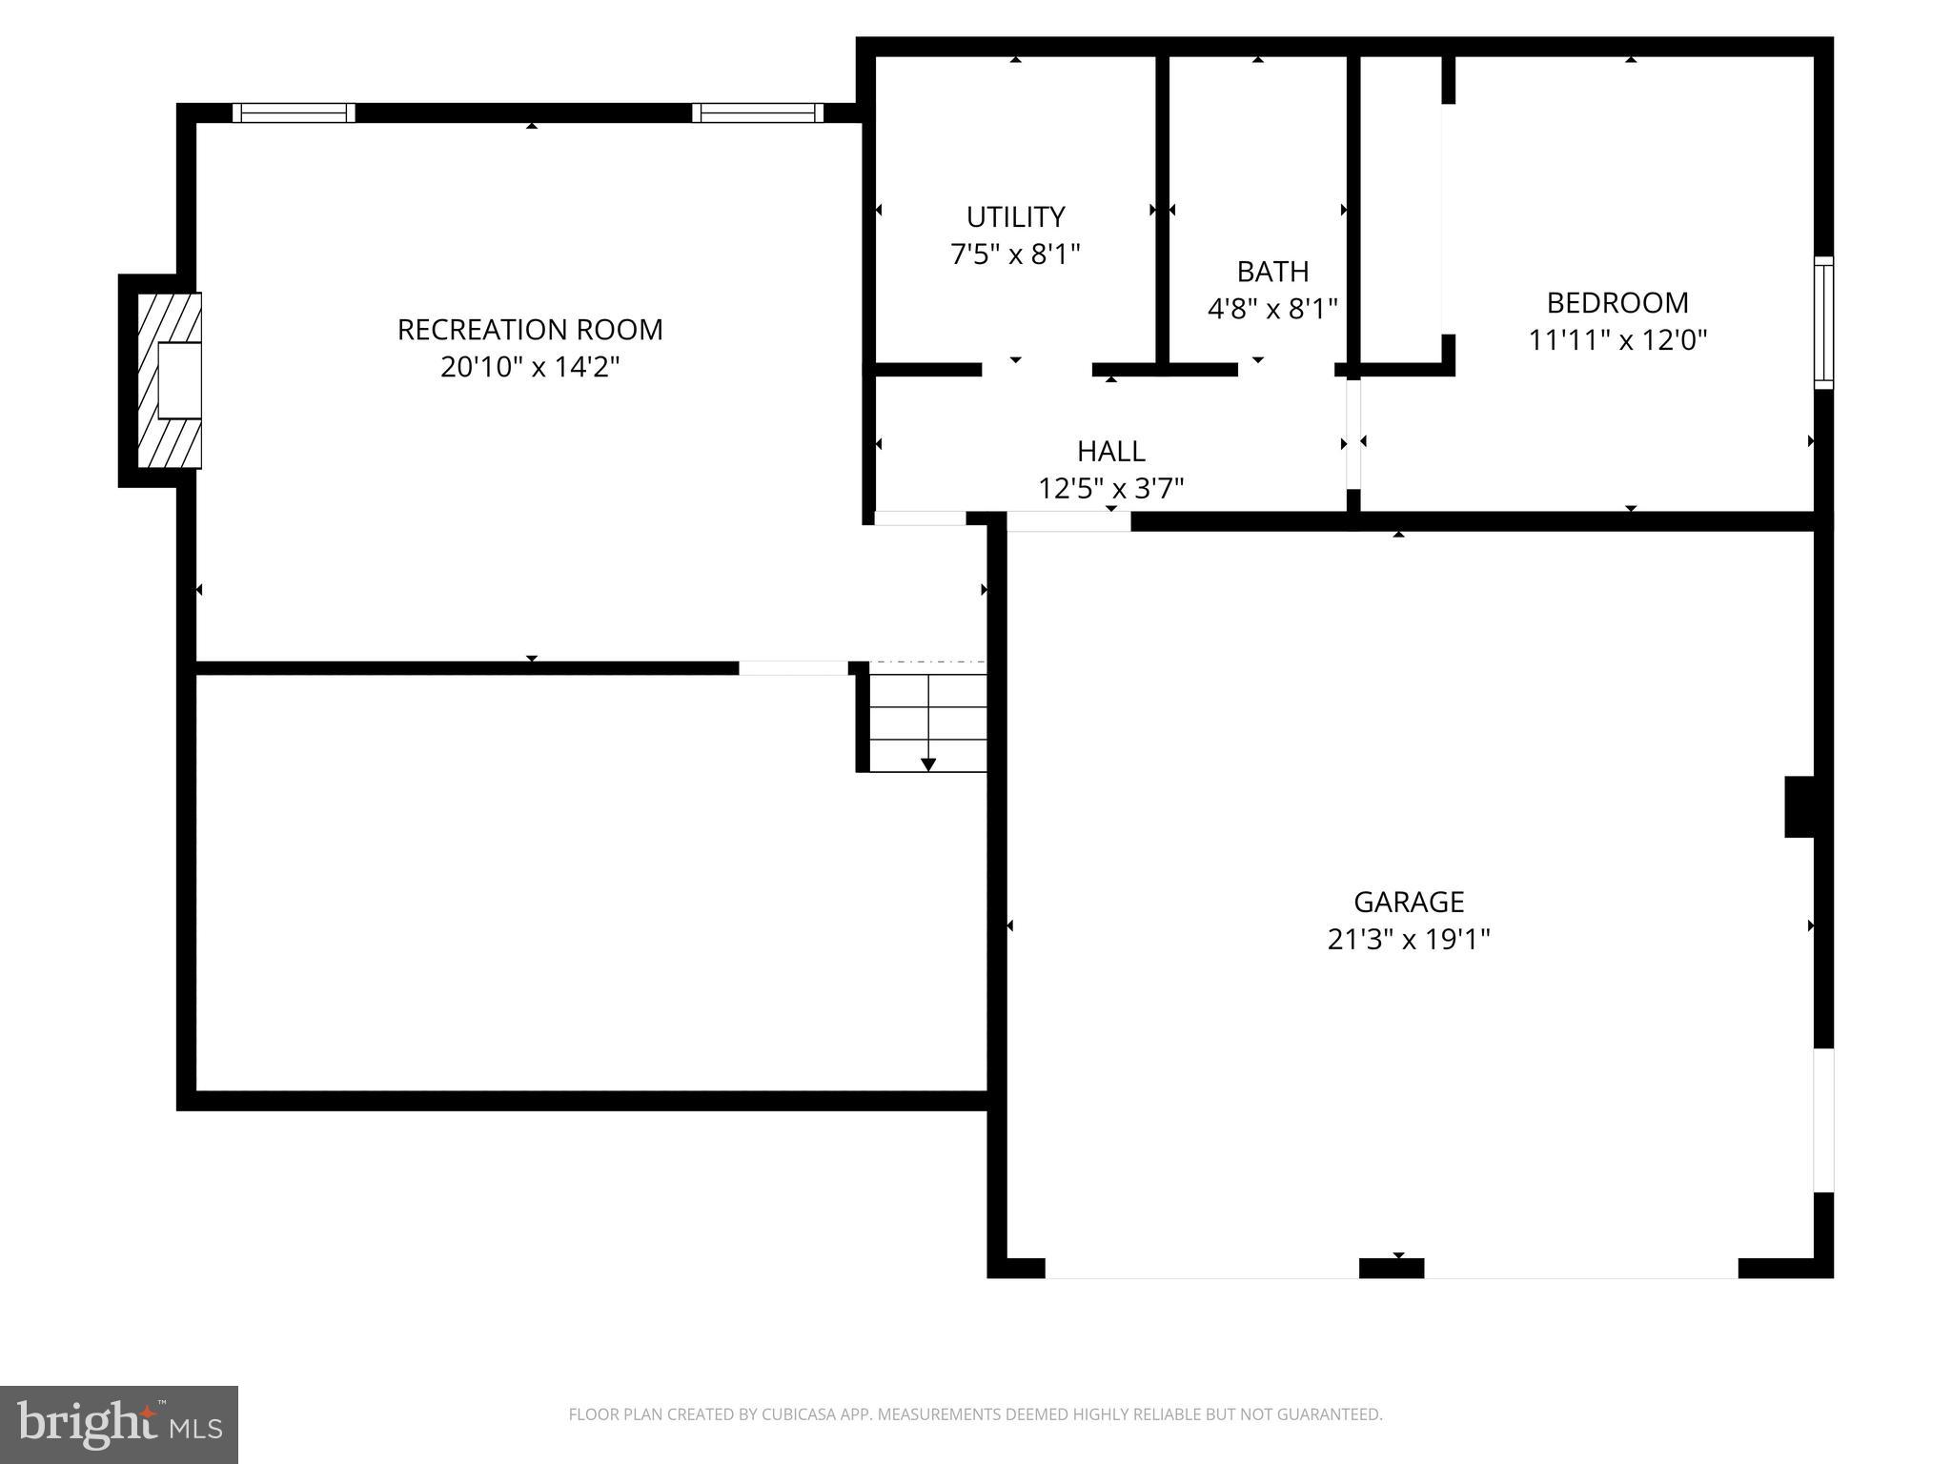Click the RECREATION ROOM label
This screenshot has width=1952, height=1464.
[x=530, y=330]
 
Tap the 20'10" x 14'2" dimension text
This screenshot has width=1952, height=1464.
[x=530, y=367]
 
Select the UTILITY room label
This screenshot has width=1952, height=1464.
[x=1015, y=217]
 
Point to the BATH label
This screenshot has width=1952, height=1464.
[x=1272, y=272]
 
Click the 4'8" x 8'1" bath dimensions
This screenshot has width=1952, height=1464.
[x=1272, y=309]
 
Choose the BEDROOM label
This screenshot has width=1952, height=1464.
[x=1617, y=303]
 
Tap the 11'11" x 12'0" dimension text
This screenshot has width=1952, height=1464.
[x=1617, y=340]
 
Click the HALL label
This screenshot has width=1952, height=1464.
[x=1110, y=451]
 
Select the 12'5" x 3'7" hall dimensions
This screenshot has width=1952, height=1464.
[x=1110, y=489]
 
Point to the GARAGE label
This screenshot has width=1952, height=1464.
[x=1409, y=902]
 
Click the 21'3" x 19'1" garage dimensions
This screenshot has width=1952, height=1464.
[x=1409, y=940]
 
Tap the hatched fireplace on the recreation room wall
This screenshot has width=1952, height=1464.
[x=170, y=380]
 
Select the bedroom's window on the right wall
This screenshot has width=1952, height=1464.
[x=1822, y=322]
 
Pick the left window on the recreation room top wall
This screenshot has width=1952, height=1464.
[x=294, y=112]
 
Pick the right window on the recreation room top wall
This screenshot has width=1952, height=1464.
[x=758, y=112]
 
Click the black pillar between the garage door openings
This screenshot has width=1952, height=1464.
[x=1391, y=1268]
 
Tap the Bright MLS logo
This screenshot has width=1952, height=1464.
[x=118, y=1424]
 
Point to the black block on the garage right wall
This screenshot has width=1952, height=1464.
[x=1799, y=807]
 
